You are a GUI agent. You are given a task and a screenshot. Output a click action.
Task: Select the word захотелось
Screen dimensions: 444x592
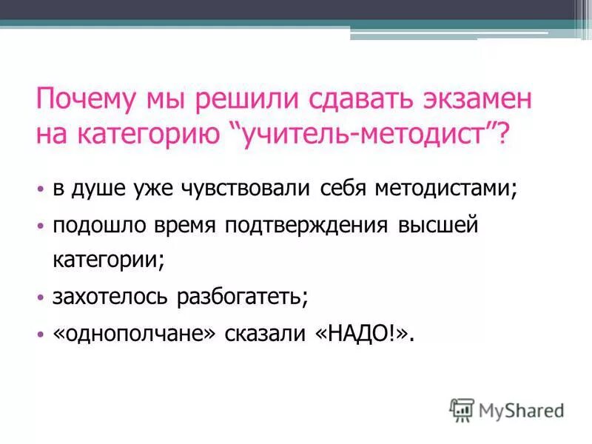[x=110, y=297]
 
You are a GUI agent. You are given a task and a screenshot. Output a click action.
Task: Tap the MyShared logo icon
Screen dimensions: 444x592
[x=462, y=409]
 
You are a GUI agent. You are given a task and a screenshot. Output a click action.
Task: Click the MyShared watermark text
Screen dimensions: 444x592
[x=522, y=410]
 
